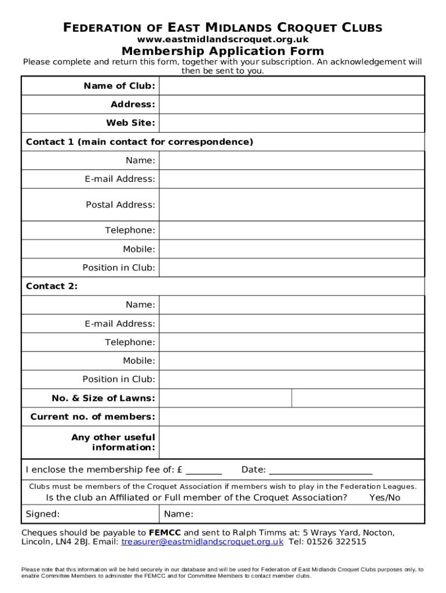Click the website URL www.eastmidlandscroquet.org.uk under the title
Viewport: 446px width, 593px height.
(222, 39)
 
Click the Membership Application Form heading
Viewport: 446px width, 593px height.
(222, 51)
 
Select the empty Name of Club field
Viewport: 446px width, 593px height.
(291, 86)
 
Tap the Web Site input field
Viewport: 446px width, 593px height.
(291, 123)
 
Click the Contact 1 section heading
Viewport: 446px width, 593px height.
(140, 142)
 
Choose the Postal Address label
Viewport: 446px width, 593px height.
(120, 204)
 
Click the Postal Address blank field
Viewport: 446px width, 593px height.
(291, 204)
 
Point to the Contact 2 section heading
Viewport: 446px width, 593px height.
(52, 286)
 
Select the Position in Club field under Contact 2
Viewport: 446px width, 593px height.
(291, 379)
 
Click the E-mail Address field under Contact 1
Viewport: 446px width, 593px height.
(291, 179)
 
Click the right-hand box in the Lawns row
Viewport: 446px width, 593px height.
(357, 398)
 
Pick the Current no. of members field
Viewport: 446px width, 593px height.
(291, 416)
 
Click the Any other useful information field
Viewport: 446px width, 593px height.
(291, 442)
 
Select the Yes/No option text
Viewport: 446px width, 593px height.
(385, 497)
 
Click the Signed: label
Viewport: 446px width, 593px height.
(43, 514)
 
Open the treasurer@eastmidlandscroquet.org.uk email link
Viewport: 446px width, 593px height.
(202, 542)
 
